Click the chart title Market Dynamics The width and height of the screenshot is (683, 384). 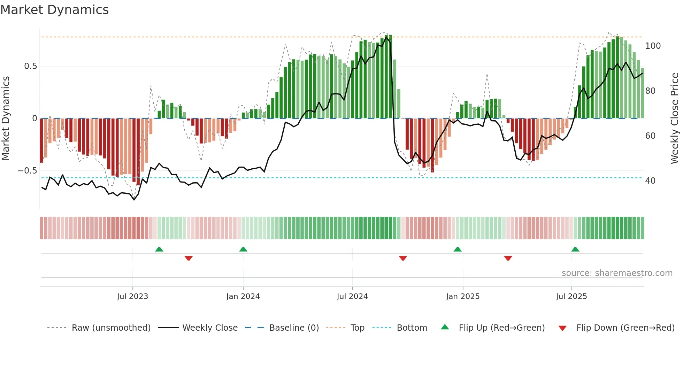(x=55, y=10)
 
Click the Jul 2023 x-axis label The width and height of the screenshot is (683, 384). (x=132, y=297)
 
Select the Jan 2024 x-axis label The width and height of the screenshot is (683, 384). (x=243, y=297)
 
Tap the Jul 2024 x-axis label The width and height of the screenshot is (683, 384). (x=352, y=297)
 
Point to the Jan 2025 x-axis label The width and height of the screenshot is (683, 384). (x=463, y=297)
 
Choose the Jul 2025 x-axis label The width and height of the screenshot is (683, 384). (x=571, y=297)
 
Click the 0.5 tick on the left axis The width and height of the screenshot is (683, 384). (x=31, y=66)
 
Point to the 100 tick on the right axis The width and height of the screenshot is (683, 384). (x=653, y=46)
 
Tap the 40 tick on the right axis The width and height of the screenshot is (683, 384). (x=650, y=181)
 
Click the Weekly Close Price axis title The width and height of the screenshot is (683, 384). (x=675, y=118)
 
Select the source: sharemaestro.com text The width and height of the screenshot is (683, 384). (x=617, y=273)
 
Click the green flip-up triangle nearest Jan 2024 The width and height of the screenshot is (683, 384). (x=243, y=249)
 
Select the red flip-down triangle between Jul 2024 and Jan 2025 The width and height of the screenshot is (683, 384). (x=403, y=258)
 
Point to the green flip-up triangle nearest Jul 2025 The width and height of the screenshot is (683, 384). (x=575, y=249)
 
